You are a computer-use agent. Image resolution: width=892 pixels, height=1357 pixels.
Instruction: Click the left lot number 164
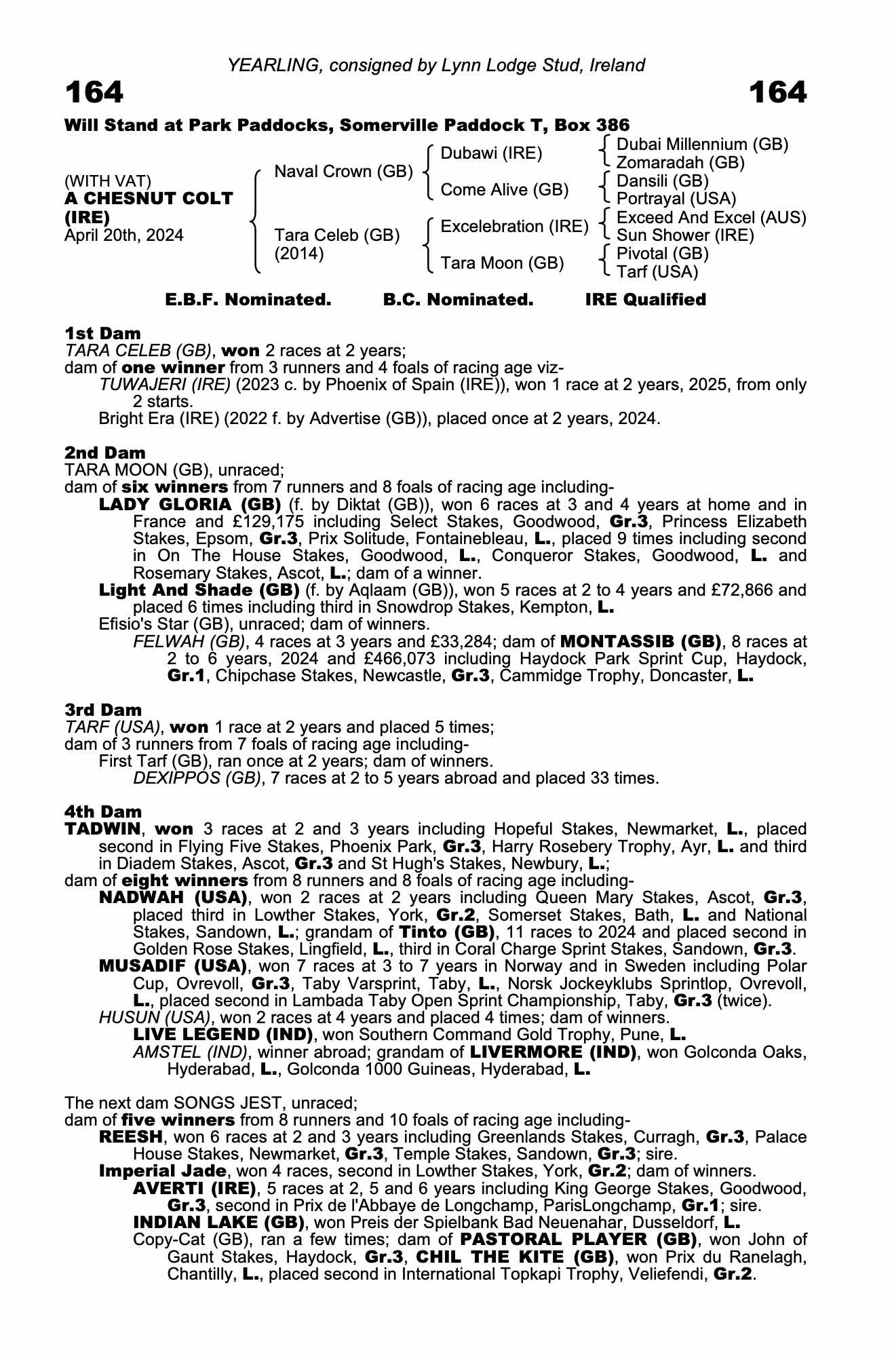[94, 92]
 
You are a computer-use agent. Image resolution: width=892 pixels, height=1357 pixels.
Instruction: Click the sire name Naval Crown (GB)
[343, 172]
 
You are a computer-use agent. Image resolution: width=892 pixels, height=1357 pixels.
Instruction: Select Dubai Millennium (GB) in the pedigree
[702, 145]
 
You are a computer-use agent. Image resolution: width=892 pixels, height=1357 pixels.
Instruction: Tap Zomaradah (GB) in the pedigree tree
[680, 163]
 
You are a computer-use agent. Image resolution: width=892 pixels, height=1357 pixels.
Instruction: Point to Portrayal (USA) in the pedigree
[676, 199]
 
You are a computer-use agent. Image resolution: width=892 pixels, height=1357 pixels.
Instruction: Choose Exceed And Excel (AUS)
[711, 218]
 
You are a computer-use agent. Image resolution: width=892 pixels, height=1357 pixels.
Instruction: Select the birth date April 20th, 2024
[123, 235]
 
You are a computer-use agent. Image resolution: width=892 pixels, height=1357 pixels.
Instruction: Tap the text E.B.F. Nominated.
[248, 300]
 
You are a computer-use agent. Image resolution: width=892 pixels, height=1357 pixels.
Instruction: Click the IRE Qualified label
[645, 300]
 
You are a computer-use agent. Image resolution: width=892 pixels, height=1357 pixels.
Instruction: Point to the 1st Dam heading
[102, 333]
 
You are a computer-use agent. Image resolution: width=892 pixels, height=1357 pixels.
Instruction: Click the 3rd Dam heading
[103, 710]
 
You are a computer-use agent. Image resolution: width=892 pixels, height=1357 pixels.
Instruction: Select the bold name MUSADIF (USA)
[172, 966]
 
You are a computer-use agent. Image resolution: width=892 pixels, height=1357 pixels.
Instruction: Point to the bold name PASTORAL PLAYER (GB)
[579, 1240]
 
